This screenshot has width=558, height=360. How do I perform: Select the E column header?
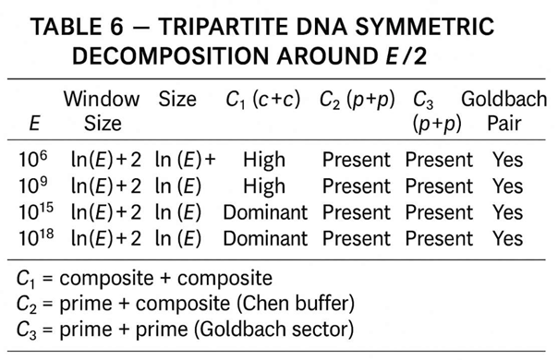point(31,122)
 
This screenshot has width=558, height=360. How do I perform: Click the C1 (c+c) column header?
point(265,98)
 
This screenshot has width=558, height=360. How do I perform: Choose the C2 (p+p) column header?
point(360,98)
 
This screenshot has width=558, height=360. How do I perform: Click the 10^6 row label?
point(31,159)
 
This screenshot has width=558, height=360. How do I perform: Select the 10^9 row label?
point(31,186)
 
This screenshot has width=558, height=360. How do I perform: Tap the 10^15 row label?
point(33,211)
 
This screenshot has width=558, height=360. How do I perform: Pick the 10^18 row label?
point(33,238)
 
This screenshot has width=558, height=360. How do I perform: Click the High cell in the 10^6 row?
point(264,160)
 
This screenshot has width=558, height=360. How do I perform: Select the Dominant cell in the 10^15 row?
point(265,212)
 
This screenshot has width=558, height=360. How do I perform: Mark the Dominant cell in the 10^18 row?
point(265,238)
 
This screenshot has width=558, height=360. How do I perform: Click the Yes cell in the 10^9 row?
point(507,186)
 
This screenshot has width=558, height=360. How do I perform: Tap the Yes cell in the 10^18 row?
point(507,238)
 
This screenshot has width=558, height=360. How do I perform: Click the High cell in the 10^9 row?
point(264,186)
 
